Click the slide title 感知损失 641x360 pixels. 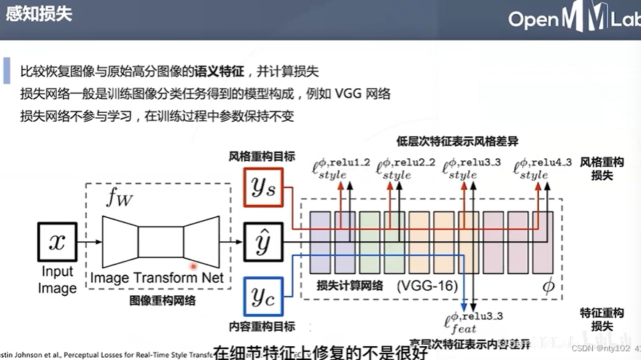click(39, 14)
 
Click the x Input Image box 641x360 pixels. click(57, 242)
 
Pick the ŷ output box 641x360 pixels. click(263, 241)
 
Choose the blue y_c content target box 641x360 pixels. click(263, 297)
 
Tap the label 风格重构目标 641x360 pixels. click(252, 156)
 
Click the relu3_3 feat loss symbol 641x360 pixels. click(474, 321)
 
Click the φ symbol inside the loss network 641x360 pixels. click(548, 286)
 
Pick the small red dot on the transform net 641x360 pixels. click(194, 267)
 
